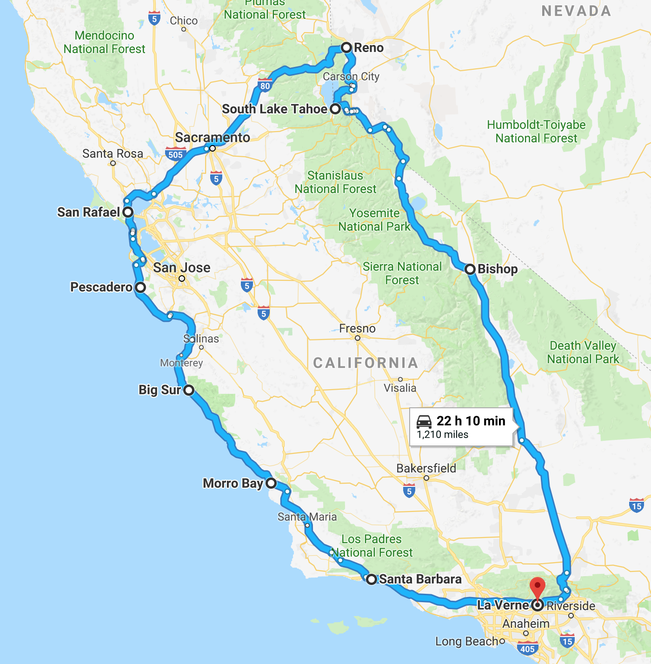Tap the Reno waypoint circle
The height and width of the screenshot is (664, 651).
tap(346, 47)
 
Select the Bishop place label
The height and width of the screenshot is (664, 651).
tap(497, 269)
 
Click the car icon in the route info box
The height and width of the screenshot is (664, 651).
tap(424, 421)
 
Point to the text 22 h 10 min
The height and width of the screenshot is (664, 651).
tap(471, 421)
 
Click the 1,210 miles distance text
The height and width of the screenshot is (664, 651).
tap(442, 435)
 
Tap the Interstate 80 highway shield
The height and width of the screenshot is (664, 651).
tap(265, 85)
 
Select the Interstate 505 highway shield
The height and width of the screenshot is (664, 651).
tap(176, 154)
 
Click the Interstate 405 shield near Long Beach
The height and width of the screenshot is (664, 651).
tap(527, 648)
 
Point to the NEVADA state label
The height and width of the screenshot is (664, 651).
tap(576, 11)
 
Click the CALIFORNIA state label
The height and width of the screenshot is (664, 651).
tap(365, 363)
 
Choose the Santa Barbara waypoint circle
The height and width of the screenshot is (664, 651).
tap(371, 579)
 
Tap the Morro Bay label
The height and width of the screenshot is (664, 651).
tap(233, 484)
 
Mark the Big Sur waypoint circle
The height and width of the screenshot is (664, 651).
tap(188, 390)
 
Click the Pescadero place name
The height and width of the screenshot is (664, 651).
tap(101, 287)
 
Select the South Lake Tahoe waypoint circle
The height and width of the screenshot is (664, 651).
tap(335, 109)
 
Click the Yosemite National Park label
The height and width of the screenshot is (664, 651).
tap(374, 220)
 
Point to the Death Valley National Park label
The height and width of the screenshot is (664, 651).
tap(583, 352)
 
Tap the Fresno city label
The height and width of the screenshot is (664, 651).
tap(357, 328)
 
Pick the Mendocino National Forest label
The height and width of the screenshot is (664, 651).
tap(105, 42)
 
